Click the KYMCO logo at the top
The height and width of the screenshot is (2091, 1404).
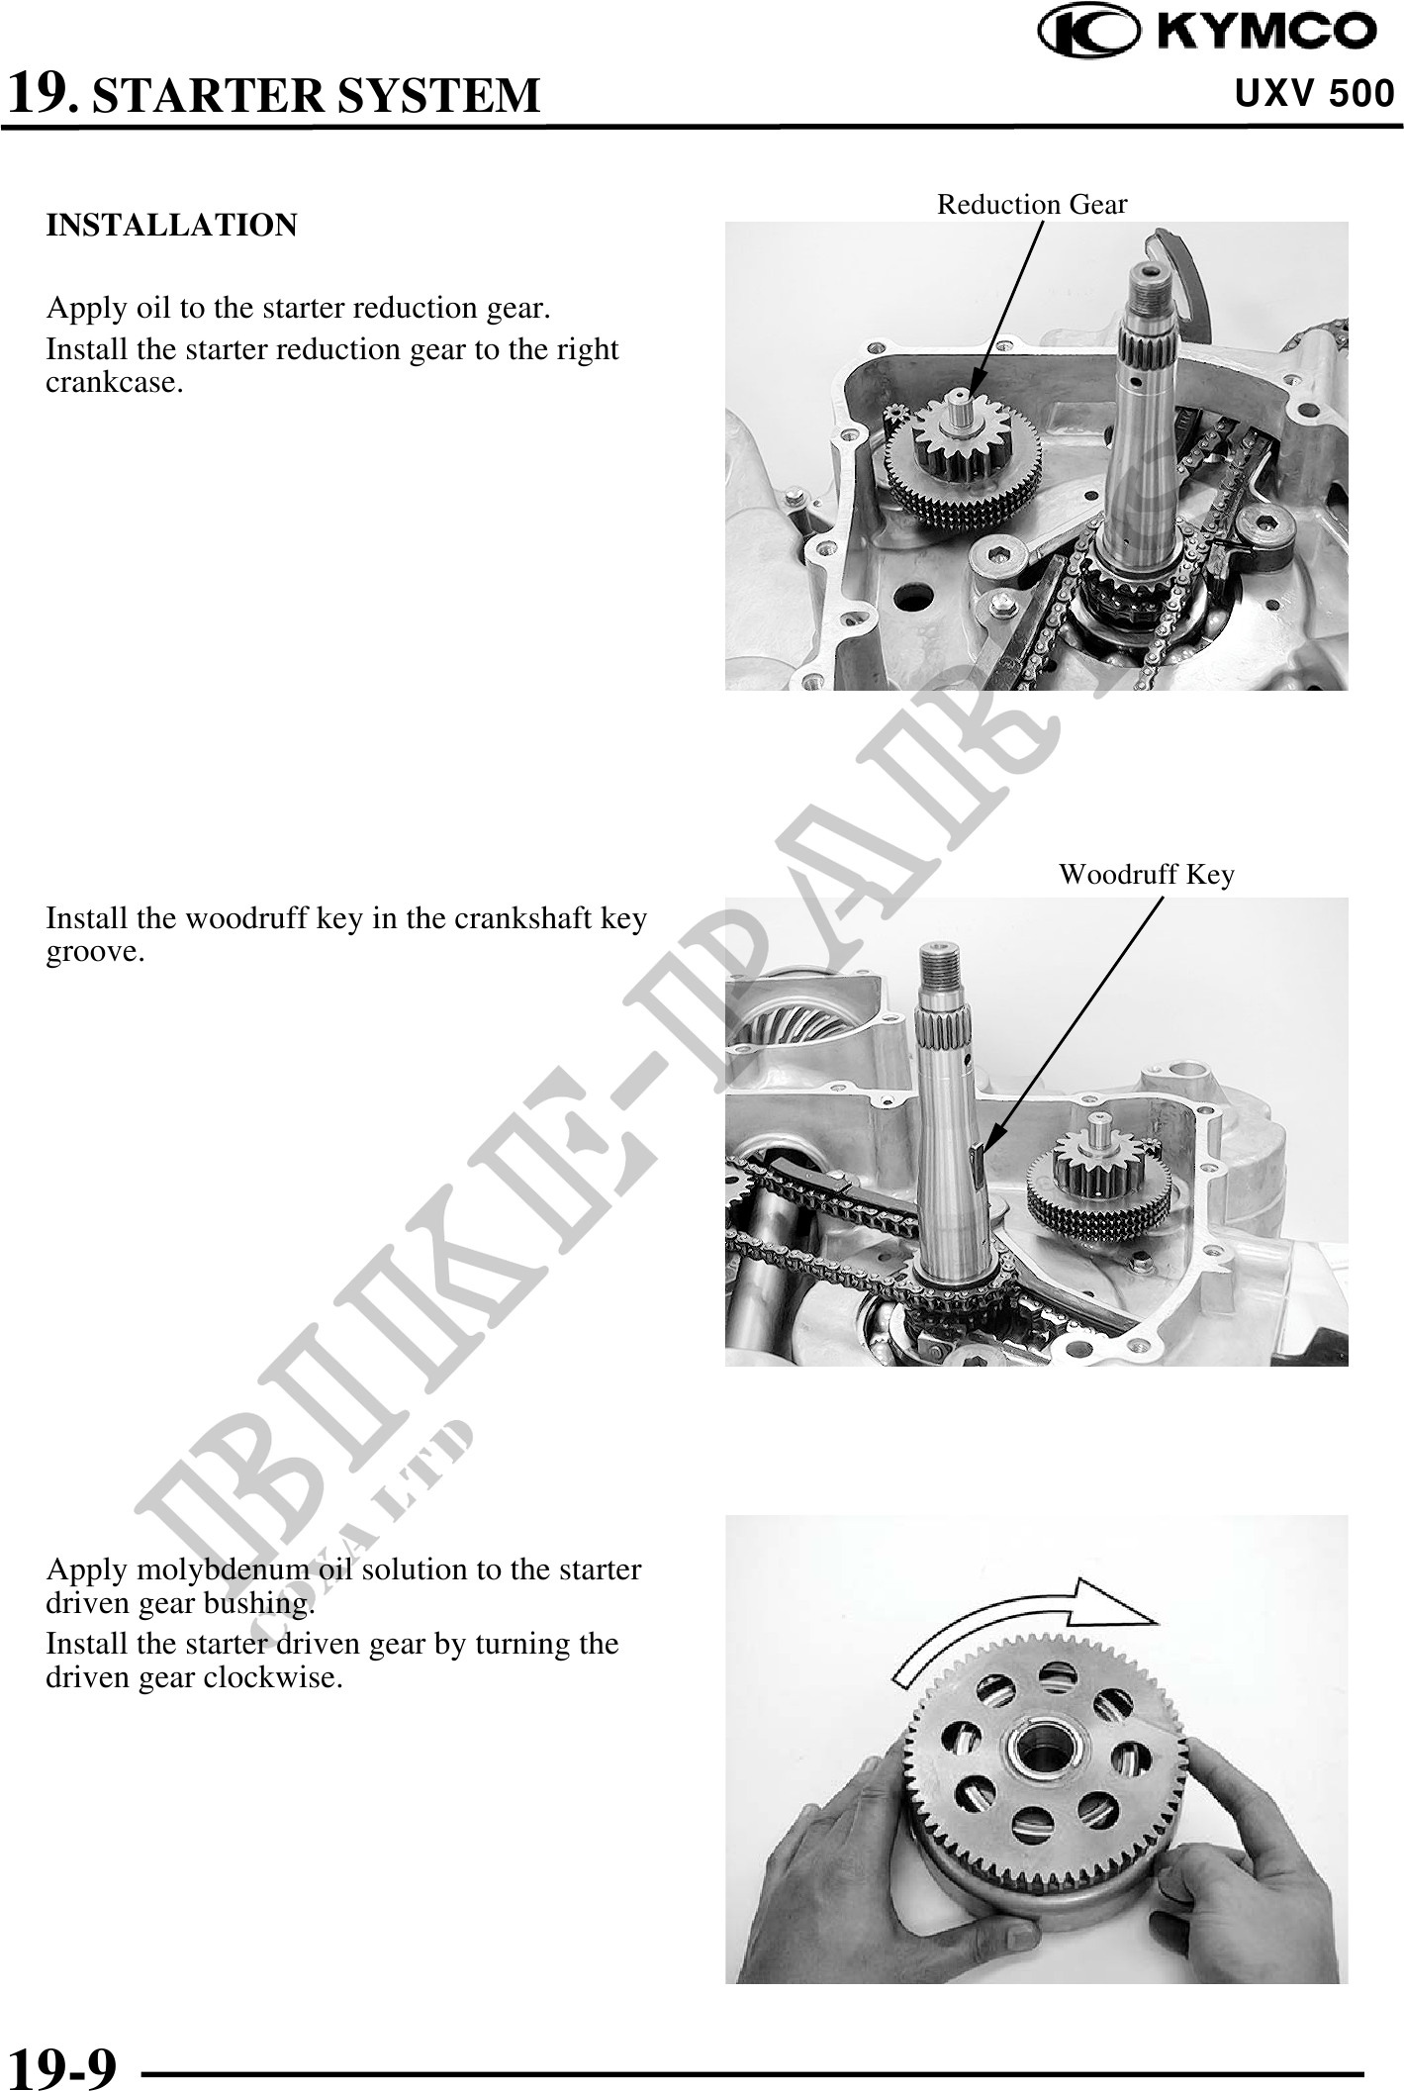tap(1207, 32)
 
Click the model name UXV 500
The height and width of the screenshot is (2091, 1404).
tap(1315, 94)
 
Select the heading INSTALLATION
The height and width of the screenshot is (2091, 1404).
tap(171, 226)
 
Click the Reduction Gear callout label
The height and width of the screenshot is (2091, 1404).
tap(1032, 204)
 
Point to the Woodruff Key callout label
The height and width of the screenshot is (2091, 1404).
tap(1147, 875)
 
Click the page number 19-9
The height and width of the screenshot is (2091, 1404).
tap(61, 2059)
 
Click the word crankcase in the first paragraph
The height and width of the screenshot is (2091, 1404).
tap(111, 383)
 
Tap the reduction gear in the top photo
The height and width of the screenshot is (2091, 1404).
tap(962, 457)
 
